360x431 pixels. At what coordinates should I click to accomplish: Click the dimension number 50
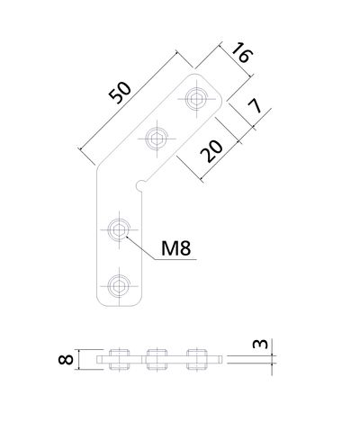click(x=121, y=93)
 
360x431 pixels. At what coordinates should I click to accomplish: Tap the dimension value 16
click(x=242, y=52)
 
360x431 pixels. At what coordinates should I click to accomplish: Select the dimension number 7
click(x=255, y=106)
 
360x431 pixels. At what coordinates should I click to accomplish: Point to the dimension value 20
click(x=211, y=151)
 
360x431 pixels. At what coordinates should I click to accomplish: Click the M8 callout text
click(x=176, y=248)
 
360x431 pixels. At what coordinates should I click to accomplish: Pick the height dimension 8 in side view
click(x=66, y=359)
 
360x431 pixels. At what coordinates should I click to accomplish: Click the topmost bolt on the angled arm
click(x=196, y=98)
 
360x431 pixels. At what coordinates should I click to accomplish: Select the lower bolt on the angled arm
click(x=157, y=139)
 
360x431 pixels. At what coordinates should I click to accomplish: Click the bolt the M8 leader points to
click(x=119, y=230)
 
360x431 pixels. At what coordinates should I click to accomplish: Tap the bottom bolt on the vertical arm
click(x=119, y=286)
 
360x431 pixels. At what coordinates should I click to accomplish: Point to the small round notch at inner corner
click(x=139, y=184)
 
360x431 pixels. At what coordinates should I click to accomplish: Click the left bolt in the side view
click(x=119, y=359)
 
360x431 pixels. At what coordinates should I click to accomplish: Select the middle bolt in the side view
click(x=157, y=359)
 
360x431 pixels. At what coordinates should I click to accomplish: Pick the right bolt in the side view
click(x=197, y=359)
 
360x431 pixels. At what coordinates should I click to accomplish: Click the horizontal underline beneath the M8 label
click(x=175, y=259)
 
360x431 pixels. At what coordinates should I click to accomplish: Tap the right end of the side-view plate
click(x=222, y=359)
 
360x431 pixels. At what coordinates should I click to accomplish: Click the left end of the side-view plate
click(x=97, y=359)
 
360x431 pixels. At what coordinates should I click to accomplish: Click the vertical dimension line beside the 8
click(x=79, y=359)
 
